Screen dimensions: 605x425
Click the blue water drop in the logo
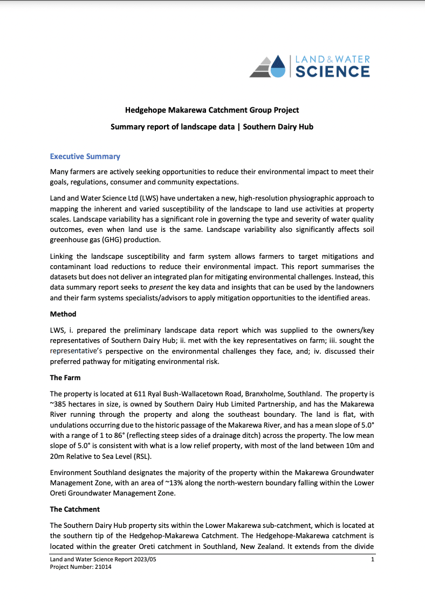(277, 67)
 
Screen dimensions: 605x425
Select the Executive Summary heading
(85, 156)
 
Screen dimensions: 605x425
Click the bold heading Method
(63, 314)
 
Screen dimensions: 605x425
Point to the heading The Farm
(65, 377)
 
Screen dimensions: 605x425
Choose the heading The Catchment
(75, 509)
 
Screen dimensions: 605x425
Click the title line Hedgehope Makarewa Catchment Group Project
(212, 110)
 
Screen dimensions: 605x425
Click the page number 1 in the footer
(373, 561)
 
